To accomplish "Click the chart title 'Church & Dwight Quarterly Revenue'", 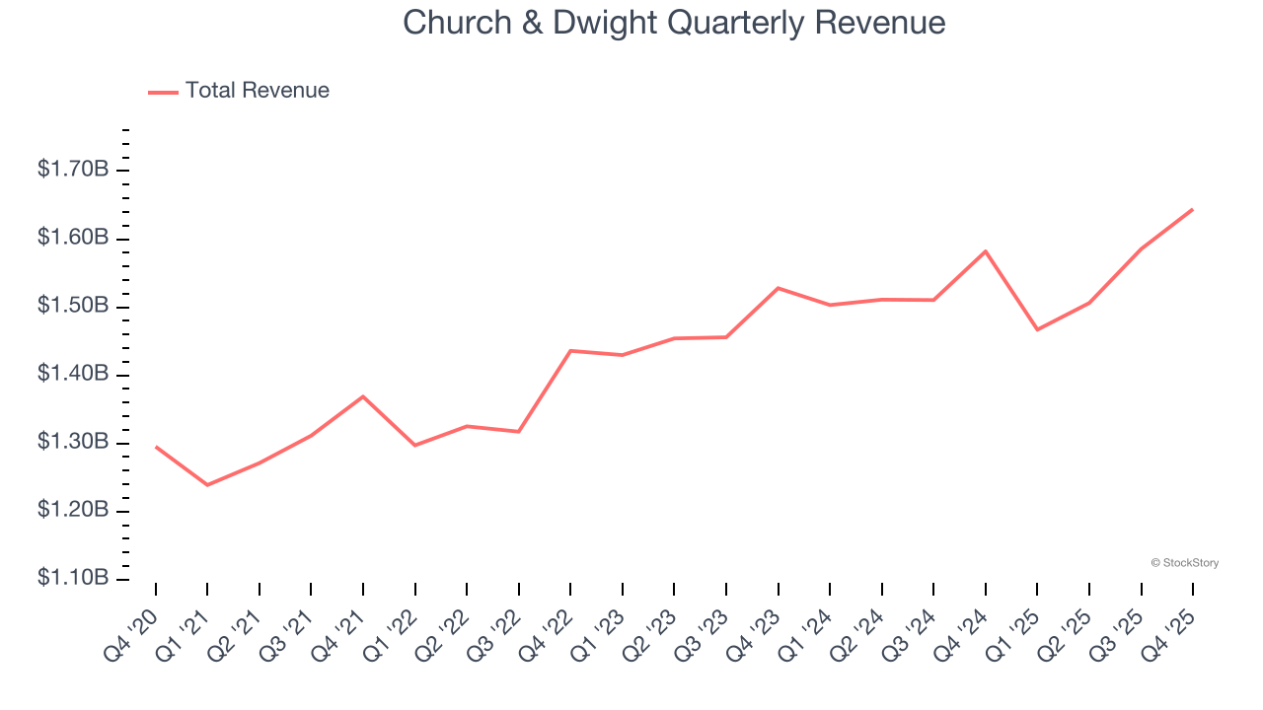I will (674, 23).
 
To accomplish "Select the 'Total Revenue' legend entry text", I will (257, 91).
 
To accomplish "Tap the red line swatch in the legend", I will (163, 92).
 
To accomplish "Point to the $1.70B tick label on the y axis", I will (72, 171).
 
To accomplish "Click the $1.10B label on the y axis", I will (72, 578).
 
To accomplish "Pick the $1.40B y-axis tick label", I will (72, 375).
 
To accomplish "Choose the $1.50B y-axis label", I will (72, 307).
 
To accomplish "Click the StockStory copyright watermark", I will (1184, 563).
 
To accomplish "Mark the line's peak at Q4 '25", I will (1193, 209).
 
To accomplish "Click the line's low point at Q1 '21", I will (207, 485).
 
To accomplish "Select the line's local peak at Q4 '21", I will (363, 396).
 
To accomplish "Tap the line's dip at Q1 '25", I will (1037, 329).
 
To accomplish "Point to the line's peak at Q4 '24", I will (986, 251).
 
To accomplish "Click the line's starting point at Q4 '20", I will (156, 447).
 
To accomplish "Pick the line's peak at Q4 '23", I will (779, 288).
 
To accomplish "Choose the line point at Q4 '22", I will (571, 351).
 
